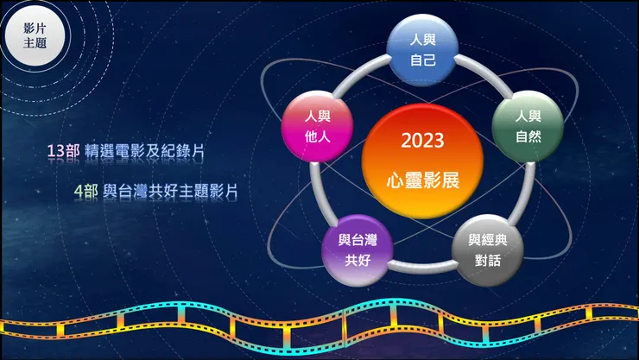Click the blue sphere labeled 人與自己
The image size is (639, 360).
pyautogui.click(x=421, y=50)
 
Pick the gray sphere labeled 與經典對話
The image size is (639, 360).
pyautogui.click(x=488, y=249)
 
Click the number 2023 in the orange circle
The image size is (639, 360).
pyautogui.click(x=422, y=140)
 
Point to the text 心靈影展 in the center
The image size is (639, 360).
pyautogui.click(x=422, y=181)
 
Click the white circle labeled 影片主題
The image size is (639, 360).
pyautogui.click(x=35, y=35)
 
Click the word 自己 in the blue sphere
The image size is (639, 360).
pyautogui.click(x=421, y=61)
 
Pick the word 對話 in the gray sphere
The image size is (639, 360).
pyautogui.click(x=488, y=260)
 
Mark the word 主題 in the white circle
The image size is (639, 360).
pyautogui.click(x=35, y=44)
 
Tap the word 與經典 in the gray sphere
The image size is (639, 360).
pyautogui.click(x=488, y=239)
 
